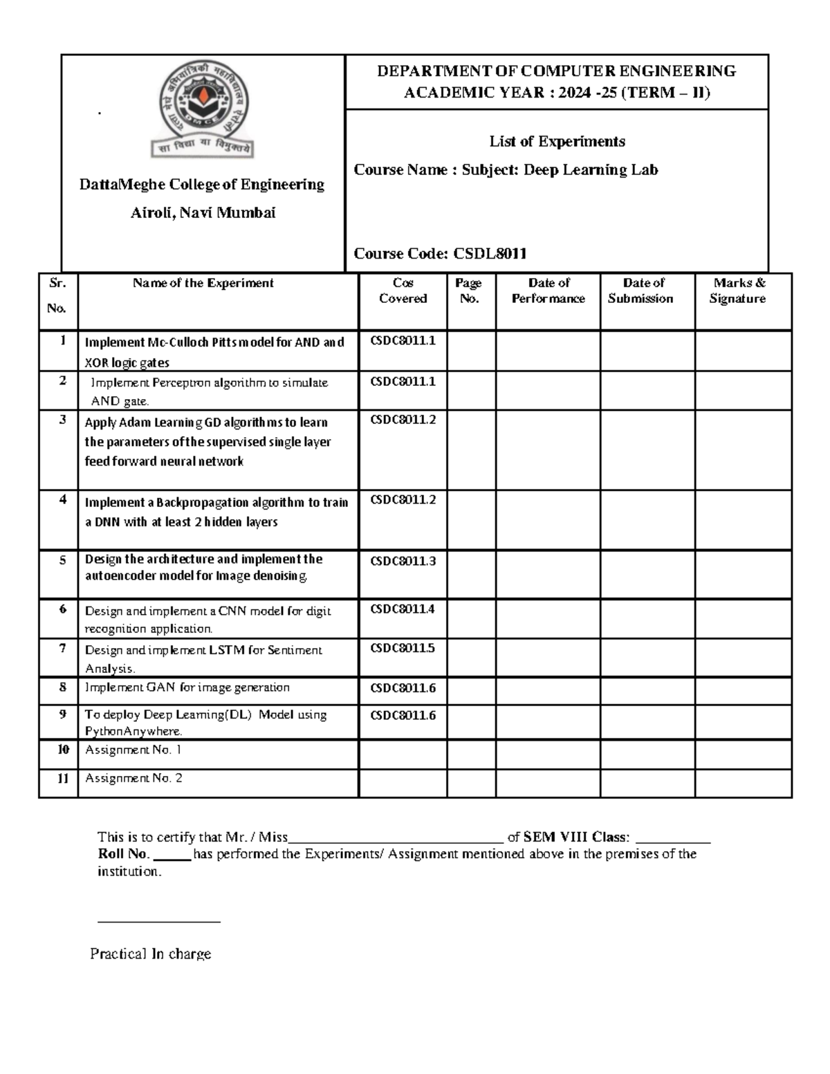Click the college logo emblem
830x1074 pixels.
pos(203,113)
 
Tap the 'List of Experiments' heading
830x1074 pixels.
pos(557,142)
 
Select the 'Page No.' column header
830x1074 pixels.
pos(469,291)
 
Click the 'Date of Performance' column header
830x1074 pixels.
pos(548,291)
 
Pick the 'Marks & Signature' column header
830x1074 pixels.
pos(739,291)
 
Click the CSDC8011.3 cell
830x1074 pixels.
pos(403,561)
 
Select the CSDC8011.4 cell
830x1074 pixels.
pos(403,609)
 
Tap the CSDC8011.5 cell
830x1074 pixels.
pos(403,648)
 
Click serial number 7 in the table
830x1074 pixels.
pos(62,649)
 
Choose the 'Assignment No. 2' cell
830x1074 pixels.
pos(133,779)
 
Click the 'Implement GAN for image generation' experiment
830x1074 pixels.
pos(187,687)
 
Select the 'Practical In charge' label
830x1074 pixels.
pos(150,954)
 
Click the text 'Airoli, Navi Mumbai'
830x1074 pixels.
pos(203,213)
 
